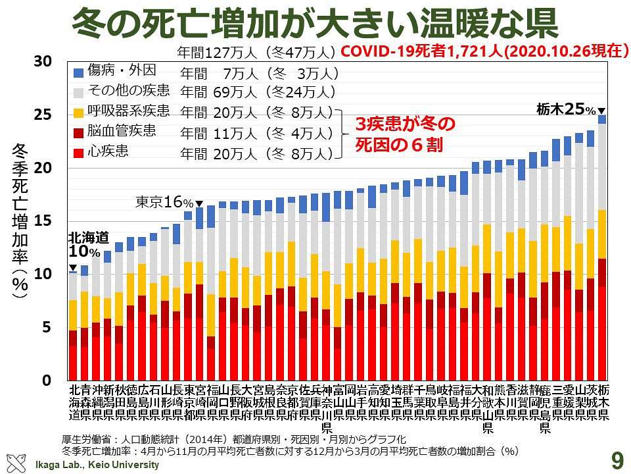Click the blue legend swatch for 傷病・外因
tap(79, 72)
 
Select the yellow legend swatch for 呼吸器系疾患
tap(79, 112)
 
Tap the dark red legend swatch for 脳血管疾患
tap(79, 132)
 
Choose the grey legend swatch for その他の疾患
tap(79, 92)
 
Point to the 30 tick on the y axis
tap(42, 61)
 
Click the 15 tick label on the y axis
tap(42, 221)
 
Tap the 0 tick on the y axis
tap(46, 381)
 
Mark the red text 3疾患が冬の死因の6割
tap(401, 134)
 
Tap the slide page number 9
tap(617, 460)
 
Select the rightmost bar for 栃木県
tap(601, 250)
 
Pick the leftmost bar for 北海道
tap(73, 326)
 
